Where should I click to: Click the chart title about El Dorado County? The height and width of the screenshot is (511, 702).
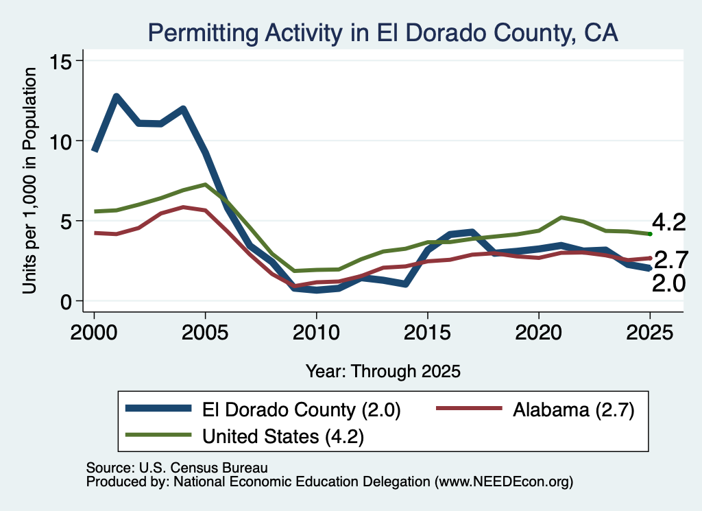383,33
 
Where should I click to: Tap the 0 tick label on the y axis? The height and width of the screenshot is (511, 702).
66,302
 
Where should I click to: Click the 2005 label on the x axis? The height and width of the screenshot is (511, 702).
205,333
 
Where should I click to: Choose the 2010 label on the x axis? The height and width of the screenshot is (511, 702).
316,333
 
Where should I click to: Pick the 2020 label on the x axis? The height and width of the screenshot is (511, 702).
539,333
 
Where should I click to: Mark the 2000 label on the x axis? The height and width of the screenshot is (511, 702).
94,333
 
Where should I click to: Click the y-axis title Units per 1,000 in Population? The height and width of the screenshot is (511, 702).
29,180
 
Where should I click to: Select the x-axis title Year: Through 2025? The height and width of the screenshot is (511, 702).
383,371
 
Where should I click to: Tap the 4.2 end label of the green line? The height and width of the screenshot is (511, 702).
668,223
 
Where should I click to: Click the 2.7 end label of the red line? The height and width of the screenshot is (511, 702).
671,260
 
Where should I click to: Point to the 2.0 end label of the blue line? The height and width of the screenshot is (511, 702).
668,283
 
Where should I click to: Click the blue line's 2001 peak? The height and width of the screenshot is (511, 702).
116,96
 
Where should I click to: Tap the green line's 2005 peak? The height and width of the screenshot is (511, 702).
205,185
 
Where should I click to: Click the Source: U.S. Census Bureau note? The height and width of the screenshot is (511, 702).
177,468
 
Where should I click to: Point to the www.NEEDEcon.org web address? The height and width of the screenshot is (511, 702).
504,482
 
